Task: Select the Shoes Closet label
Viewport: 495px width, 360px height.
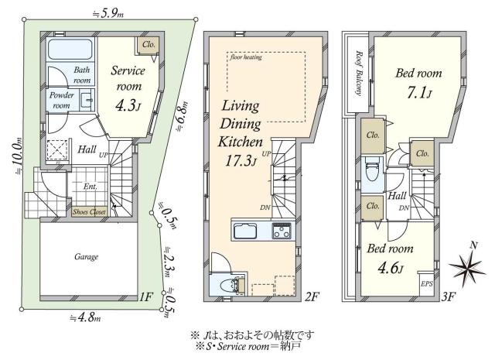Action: coord(90,211)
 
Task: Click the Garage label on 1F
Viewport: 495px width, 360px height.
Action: coord(86,256)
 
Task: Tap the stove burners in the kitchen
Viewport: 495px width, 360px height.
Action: coord(281,231)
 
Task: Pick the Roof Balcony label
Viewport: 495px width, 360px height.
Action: coord(359,73)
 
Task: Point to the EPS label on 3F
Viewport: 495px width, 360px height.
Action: coord(426,285)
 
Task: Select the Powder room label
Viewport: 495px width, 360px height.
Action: coord(62,100)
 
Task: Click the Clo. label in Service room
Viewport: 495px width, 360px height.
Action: coord(148,45)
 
